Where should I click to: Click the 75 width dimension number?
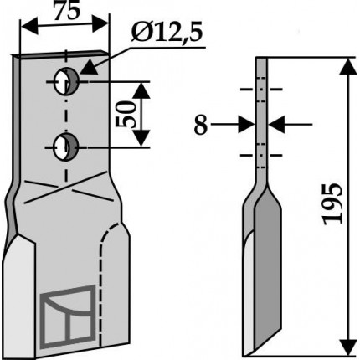67,12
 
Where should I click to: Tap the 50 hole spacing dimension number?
125,114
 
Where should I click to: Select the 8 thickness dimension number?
201,125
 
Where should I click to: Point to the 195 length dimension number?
332,204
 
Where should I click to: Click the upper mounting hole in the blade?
66,81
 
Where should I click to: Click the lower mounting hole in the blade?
66,147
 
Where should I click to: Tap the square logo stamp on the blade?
68,316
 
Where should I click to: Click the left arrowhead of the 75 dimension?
29,27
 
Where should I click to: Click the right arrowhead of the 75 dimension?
100,23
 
